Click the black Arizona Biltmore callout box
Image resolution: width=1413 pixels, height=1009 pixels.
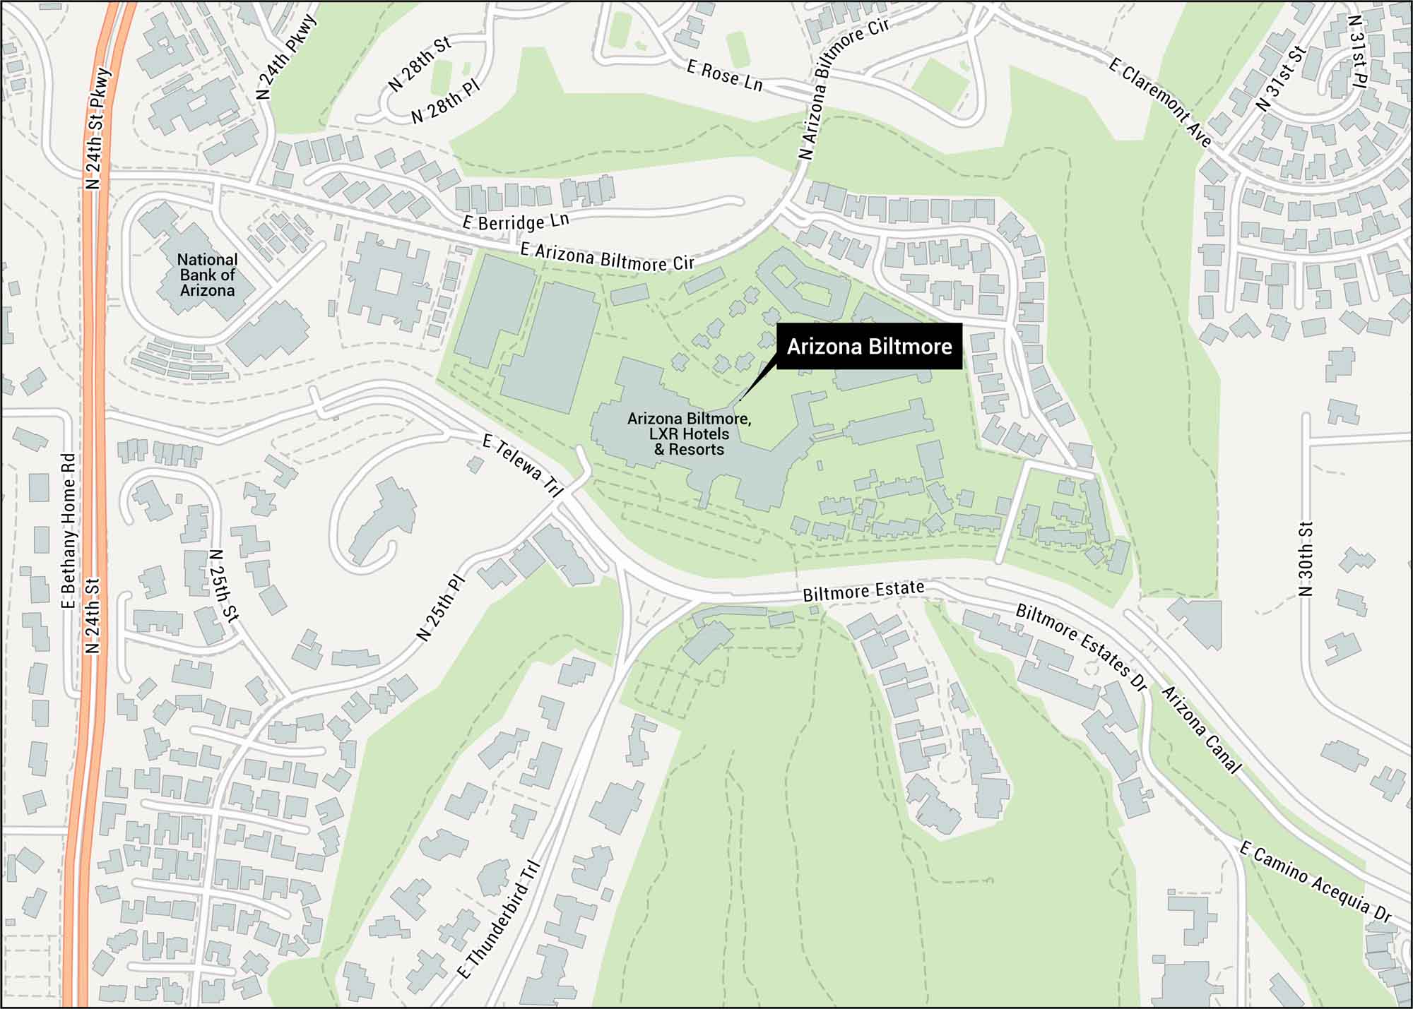(869, 347)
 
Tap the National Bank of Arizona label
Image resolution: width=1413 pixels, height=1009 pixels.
(207, 275)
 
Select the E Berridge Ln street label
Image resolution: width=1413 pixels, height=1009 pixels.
(516, 222)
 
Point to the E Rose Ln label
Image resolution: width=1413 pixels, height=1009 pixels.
(725, 76)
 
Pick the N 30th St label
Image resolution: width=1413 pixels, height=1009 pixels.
(1306, 559)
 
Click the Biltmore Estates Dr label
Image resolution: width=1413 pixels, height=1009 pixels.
(1080, 646)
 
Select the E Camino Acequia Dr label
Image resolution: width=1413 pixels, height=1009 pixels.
(1315, 883)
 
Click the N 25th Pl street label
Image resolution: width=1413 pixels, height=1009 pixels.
(441, 607)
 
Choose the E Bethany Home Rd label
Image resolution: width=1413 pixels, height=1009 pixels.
(69, 530)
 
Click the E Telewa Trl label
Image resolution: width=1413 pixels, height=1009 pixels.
(522, 466)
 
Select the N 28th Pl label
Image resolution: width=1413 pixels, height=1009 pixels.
(445, 102)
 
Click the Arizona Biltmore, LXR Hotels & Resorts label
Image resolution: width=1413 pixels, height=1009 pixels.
(689, 434)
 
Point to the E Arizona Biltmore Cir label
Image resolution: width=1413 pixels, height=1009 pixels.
(607, 257)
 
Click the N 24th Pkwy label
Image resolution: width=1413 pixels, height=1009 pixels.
(285, 56)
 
